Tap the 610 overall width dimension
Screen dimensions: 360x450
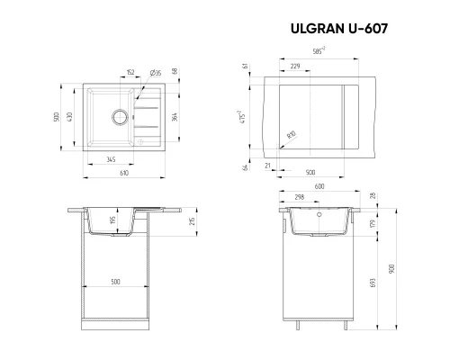point(122,173)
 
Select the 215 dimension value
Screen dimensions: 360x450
point(193,223)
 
